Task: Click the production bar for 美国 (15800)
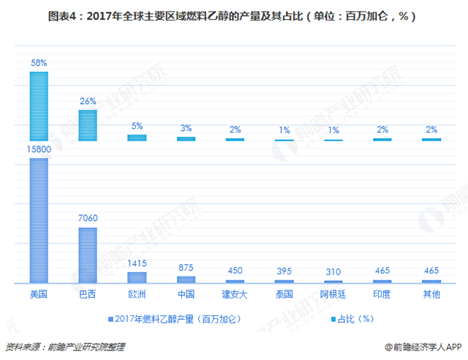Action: pyautogui.click(x=38, y=220)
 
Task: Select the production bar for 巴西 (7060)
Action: pyautogui.click(x=88, y=255)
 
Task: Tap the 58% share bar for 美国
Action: pyautogui.click(x=38, y=105)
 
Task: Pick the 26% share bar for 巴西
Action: pyautogui.click(x=88, y=124)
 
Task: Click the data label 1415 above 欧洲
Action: pyautogui.click(x=137, y=263)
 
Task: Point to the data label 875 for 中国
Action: pyautogui.click(x=186, y=268)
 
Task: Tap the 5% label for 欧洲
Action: pyautogui.click(x=137, y=125)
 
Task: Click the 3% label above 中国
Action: pyautogui.click(x=186, y=128)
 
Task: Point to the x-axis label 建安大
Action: pyautogui.click(x=235, y=295)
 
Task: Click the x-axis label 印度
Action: pyautogui.click(x=382, y=295)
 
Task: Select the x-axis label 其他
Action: pyautogui.click(x=431, y=295)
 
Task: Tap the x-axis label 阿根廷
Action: pyautogui.click(x=333, y=295)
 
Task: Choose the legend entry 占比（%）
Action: pyautogui.click(x=356, y=320)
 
